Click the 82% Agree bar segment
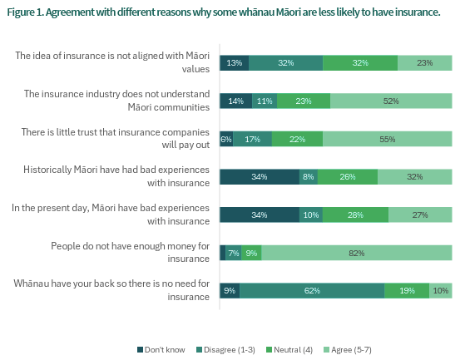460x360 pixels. pyautogui.click(x=357, y=253)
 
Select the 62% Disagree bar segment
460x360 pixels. pyautogui.click(x=312, y=290)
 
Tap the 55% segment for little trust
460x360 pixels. pyautogui.click(x=388, y=139)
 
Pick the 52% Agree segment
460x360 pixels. pyautogui.click(x=391, y=101)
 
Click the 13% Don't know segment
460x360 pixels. pyautogui.click(x=235, y=62)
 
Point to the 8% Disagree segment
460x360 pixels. pyautogui.click(x=309, y=177)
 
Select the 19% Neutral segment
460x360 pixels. pyautogui.click(x=407, y=290)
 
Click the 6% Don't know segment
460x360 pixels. pyautogui.click(x=226, y=139)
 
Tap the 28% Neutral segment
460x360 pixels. pyautogui.click(x=355, y=215)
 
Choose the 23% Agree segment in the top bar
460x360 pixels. pyautogui.click(x=425, y=62)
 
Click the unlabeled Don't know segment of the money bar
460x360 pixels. pyautogui.click(x=223, y=253)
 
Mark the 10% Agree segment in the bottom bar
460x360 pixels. pyautogui.click(x=441, y=290)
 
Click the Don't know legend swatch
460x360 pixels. pyautogui.click(x=140, y=350)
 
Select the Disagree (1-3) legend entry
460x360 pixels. pyautogui.click(x=225, y=350)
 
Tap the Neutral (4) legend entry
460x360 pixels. pyautogui.click(x=289, y=350)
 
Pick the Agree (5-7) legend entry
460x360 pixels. pyautogui.click(x=348, y=350)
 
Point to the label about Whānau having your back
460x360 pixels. pyautogui.click(x=111, y=290)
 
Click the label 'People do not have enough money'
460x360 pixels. pyautogui.click(x=131, y=252)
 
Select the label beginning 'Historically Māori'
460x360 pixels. pyautogui.click(x=116, y=176)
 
